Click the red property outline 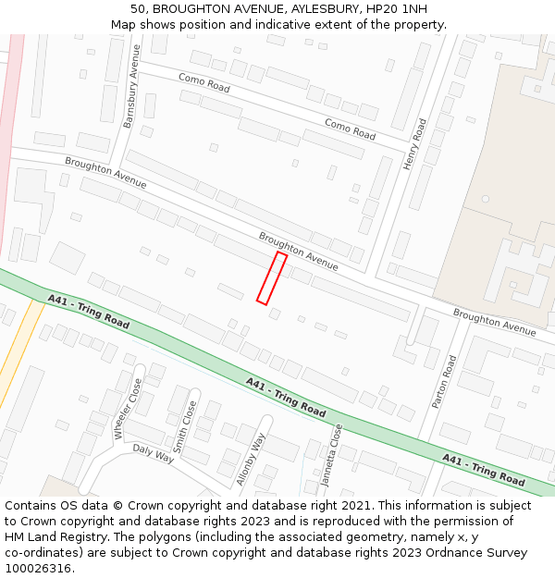coord(272,277)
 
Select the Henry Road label coord(415,143)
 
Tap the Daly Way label coord(154,453)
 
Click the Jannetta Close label coord(331,455)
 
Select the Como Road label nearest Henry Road coord(350,129)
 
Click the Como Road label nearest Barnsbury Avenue coord(203,83)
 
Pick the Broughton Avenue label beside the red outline coord(298,251)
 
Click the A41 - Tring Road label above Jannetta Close coord(286,396)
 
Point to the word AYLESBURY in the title coord(310,8)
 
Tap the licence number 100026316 coord(38,569)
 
